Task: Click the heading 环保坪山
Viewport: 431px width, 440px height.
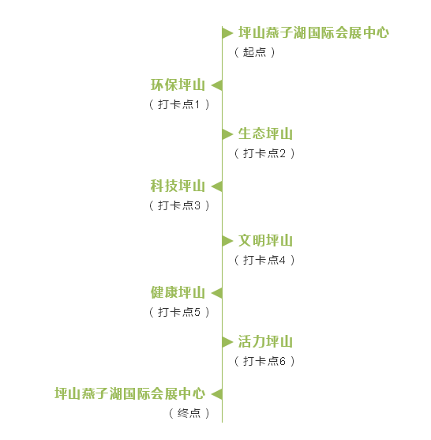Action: (x=178, y=85)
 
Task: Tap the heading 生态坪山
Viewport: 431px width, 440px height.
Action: (x=265, y=134)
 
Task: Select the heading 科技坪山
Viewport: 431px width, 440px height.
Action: (x=178, y=186)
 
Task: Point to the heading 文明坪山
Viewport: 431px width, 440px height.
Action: (x=265, y=240)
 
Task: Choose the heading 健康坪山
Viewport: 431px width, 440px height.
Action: (x=178, y=293)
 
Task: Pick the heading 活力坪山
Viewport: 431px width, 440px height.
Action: (x=265, y=341)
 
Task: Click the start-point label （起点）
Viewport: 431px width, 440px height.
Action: (x=255, y=52)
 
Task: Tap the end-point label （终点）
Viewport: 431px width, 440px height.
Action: (x=189, y=413)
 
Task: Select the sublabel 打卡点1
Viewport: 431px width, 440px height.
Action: (x=179, y=104)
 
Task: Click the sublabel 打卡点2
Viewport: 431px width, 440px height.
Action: (x=264, y=153)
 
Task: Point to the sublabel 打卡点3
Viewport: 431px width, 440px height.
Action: (x=179, y=205)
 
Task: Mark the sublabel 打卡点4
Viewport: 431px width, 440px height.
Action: (x=264, y=260)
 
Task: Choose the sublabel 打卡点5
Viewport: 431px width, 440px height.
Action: (x=179, y=312)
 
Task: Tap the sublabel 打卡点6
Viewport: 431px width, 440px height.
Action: (x=264, y=361)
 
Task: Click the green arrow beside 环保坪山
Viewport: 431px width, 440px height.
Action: (x=217, y=85)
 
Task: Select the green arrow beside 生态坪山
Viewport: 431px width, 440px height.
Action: (x=227, y=134)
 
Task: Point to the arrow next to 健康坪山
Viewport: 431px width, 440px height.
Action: (x=217, y=293)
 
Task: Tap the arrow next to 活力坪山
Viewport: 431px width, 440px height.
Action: (x=227, y=342)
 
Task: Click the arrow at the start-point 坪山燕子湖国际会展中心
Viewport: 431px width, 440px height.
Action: (x=227, y=33)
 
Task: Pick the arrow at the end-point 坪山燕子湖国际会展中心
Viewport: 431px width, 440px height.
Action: (x=217, y=394)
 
